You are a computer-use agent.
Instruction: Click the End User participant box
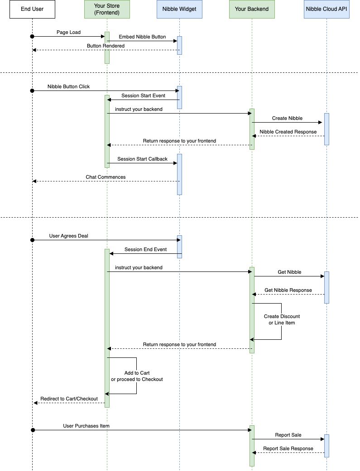[32, 9]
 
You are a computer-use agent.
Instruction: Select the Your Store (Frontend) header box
[107, 9]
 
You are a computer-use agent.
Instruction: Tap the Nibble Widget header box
[179, 9]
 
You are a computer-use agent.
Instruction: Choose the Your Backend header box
[252, 9]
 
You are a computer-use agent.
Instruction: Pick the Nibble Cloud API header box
[326, 9]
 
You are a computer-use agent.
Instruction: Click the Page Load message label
[68, 32]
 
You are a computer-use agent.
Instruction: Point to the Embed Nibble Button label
[142, 37]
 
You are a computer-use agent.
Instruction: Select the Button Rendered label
[106, 46]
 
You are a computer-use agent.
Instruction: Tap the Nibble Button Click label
[68, 86]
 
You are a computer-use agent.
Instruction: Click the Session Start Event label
[143, 95]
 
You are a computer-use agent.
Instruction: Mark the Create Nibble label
[287, 118]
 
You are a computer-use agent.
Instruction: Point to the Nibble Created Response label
[288, 132]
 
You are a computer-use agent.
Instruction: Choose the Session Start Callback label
[142, 159]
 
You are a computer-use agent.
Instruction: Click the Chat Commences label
[106, 177]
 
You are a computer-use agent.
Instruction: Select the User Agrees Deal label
[68, 236]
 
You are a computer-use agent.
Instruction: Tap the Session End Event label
[145, 249]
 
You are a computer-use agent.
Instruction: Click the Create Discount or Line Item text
[282, 319]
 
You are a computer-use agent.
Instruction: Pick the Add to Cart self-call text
[137, 376]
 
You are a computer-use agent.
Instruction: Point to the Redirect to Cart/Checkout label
[69, 399]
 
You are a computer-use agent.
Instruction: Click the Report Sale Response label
[288, 448]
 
